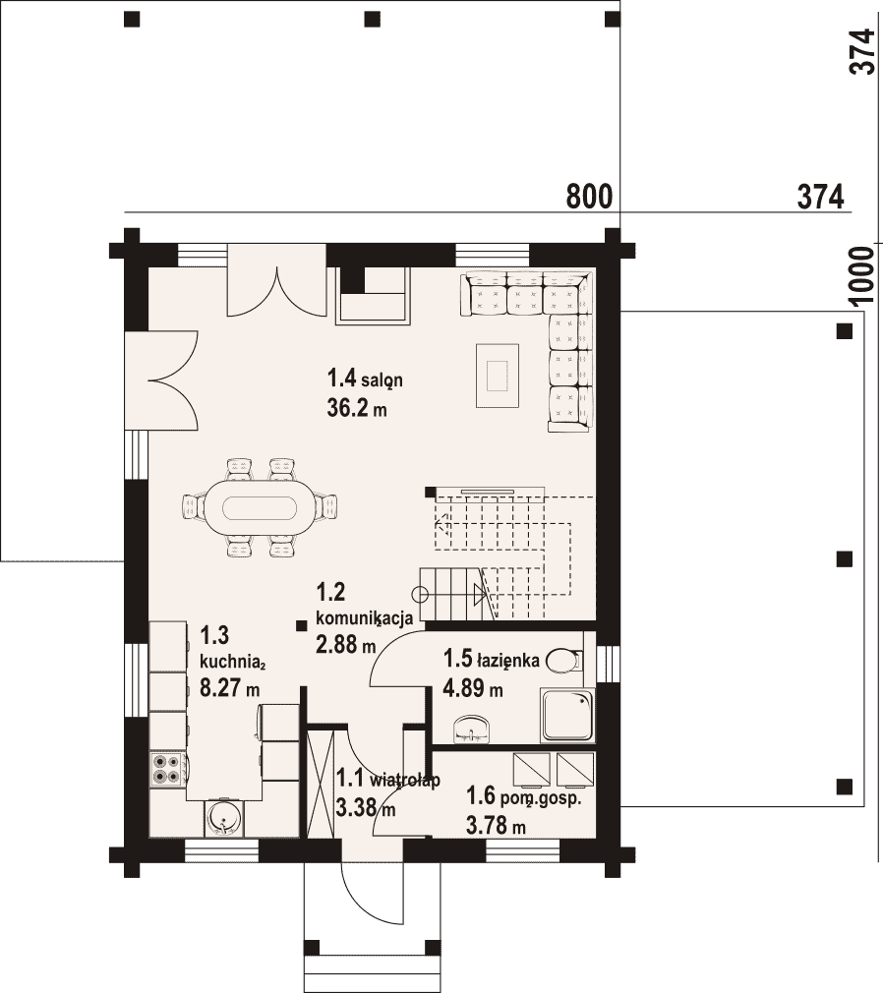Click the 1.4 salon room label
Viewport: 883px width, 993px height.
(x=365, y=380)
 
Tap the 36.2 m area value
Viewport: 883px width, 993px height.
(x=357, y=408)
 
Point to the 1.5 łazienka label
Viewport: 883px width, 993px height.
(x=492, y=660)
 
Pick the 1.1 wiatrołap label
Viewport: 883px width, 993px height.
(x=387, y=779)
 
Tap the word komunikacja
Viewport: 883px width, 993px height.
(x=364, y=617)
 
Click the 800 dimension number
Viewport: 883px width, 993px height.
(x=589, y=197)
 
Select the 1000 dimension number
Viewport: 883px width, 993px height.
(x=860, y=276)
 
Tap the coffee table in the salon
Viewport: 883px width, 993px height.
(x=498, y=375)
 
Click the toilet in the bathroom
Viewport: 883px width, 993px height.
(x=563, y=661)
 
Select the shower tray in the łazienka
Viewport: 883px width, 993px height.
(x=567, y=715)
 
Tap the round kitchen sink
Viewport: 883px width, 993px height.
(x=224, y=817)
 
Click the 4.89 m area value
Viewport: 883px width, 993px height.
(x=473, y=688)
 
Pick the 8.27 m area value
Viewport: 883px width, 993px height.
(x=229, y=687)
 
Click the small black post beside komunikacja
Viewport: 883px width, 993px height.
(x=301, y=625)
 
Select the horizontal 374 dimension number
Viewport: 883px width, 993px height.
(x=820, y=197)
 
